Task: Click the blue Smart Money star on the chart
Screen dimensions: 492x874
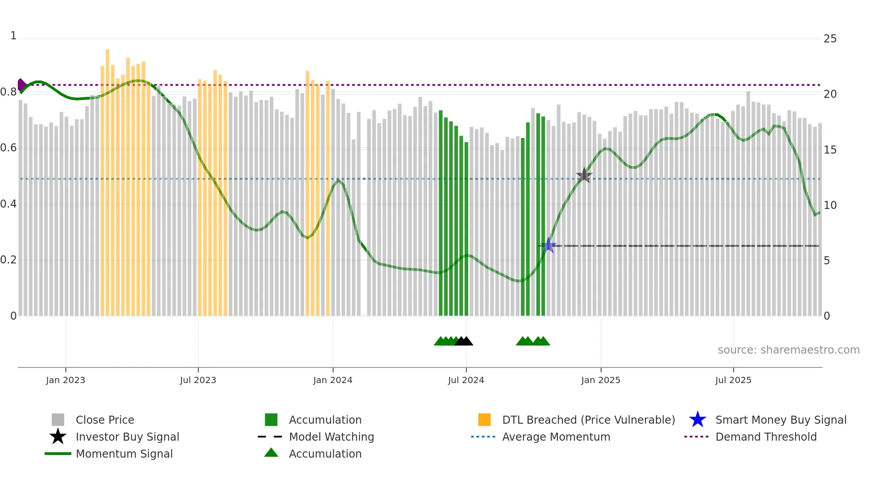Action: point(548,245)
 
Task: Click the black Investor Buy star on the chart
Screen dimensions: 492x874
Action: point(584,175)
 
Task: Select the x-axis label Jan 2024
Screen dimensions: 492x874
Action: point(333,380)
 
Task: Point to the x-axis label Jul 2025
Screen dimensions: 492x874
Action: point(733,380)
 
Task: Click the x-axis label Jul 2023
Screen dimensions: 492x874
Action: point(198,380)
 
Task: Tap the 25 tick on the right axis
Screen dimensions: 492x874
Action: point(830,39)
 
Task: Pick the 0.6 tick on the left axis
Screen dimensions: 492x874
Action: point(9,148)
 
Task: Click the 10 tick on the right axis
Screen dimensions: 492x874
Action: point(830,205)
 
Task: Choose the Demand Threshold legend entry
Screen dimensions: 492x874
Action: point(766,437)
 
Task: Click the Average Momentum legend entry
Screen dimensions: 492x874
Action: point(556,437)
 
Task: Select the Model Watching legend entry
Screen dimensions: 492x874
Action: point(331,437)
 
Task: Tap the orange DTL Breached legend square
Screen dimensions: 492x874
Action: point(484,420)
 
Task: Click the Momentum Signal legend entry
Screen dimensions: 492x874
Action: point(124,454)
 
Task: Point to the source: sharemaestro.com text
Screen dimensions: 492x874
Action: point(788,350)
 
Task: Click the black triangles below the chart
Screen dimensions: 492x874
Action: point(464,341)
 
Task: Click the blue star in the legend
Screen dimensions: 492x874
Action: point(697,420)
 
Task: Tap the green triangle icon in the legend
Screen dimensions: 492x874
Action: point(271,453)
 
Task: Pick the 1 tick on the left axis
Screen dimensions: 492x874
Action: point(13,36)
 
